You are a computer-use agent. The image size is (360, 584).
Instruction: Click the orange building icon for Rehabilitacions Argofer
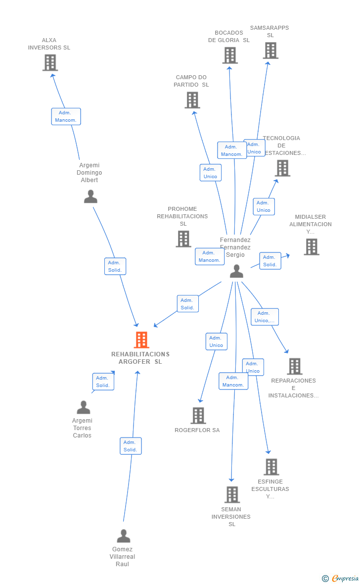(141, 340)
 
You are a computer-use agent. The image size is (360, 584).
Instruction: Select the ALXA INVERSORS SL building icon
(50, 63)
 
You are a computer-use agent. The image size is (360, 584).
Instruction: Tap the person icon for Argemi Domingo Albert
(90, 196)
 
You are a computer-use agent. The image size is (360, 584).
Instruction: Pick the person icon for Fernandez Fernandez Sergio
(236, 271)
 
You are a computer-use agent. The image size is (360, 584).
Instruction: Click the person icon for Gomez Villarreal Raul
(123, 536)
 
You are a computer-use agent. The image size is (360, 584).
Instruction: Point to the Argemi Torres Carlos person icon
(84, 407)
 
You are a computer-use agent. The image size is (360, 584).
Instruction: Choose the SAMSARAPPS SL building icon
(270, 50)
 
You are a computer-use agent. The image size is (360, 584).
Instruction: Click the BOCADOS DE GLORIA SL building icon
(229, 55)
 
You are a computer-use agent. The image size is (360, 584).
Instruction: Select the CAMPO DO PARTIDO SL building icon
(192, 100)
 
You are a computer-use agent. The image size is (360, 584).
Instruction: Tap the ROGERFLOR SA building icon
(198, 416)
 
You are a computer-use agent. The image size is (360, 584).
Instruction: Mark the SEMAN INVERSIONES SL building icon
(232, 494)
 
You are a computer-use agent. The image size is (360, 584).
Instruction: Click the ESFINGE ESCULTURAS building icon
(271, 467)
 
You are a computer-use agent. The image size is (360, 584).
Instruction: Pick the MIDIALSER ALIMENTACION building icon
(311, 246)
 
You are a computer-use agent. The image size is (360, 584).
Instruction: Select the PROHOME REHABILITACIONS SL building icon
(183, 239)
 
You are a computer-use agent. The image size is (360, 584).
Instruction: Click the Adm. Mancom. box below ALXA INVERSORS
(66, 116)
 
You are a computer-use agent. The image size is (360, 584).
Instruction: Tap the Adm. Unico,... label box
(265, 317)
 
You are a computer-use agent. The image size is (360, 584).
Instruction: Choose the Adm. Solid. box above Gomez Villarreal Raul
(131, 446)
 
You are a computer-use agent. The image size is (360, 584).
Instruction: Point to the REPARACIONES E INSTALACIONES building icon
(294, 366)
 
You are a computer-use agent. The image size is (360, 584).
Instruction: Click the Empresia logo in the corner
(341, 578)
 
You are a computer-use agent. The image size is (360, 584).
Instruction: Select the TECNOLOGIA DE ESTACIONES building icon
(282, 168)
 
